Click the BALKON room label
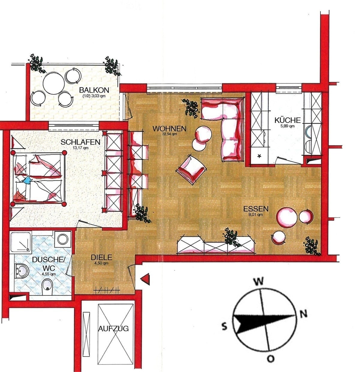(x=94, y=90)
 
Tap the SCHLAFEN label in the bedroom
(x=80, y=142)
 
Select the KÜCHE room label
(x=287, y=120)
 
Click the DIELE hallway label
(x=101, y=257)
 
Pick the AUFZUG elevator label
(x=113, y=328)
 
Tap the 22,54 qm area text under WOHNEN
(x=169, y=134)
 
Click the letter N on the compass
(x=303, y=314)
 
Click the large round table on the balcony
(x=53, y=83)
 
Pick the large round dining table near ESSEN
(x=287, y=217)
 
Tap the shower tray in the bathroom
(x=21, y=242)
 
